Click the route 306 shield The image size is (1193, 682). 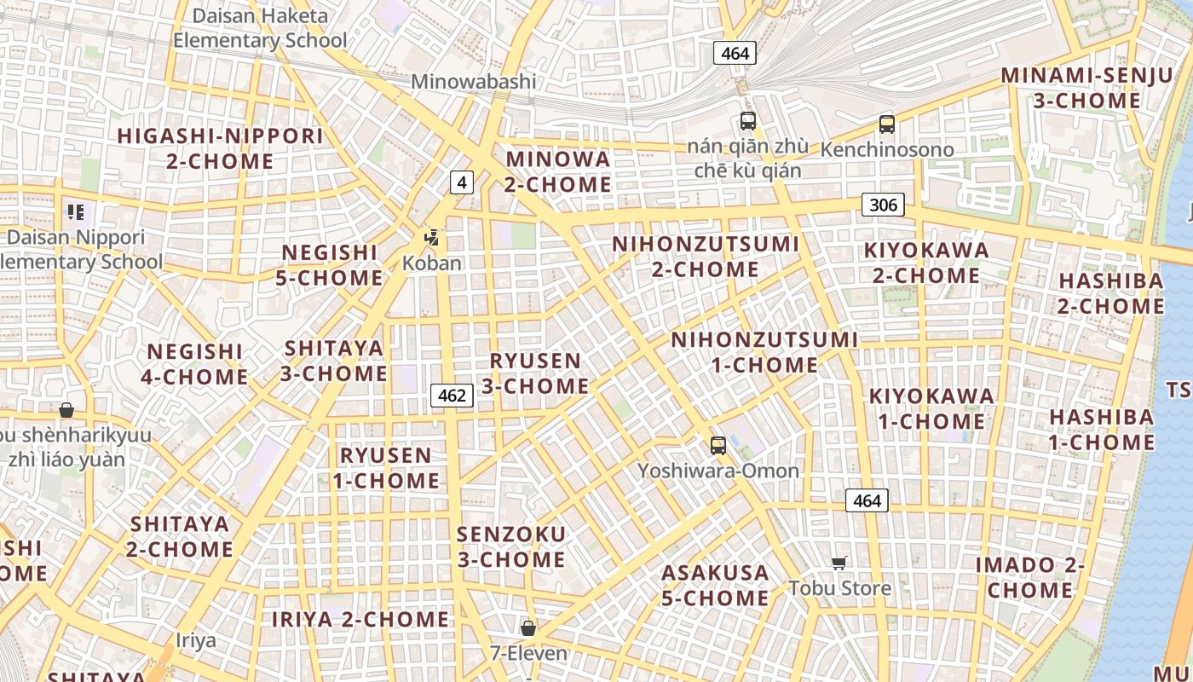(x=883, y=205)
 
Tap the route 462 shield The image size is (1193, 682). (x=452, y=396)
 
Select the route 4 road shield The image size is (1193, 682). (x=461, y=182)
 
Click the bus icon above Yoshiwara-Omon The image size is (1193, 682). (x=718, y=445)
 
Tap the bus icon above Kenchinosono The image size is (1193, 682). (x=887, y=124)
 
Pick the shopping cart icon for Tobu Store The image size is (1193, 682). (x=839, y=563)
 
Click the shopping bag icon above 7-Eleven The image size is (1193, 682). (x=528, y=628)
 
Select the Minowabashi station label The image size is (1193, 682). (x=474, y=82)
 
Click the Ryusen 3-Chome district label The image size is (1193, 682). (x=535, y=373)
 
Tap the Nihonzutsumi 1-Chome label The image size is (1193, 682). (x=764, y=352)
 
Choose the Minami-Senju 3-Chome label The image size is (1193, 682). (x=1086, y=88)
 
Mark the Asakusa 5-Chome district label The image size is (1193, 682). (x=715, y=585)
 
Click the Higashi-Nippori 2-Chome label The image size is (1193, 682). (x=220, y=148)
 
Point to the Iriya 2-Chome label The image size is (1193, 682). (x=360, y=620)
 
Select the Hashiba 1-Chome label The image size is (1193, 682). (x=1101, y=430)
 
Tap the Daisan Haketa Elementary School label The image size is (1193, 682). (x=260, y=28)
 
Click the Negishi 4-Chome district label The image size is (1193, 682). (x=196, y=364)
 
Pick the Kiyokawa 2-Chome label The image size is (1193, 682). (x=926, y=263)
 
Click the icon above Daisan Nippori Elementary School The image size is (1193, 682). (x=75, y=212)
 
